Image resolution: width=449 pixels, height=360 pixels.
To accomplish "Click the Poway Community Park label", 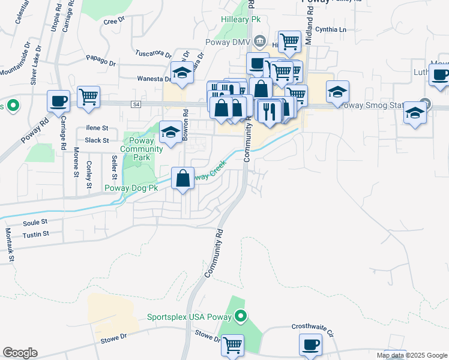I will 141,149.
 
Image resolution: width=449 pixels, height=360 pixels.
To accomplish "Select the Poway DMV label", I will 227,42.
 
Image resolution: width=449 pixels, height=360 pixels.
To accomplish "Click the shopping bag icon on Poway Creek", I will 182,178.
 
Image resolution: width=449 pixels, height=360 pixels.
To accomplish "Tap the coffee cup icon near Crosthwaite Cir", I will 311,345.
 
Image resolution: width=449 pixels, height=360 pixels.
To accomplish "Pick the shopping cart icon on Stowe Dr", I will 232,345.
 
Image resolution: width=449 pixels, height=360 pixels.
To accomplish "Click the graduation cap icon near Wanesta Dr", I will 182,73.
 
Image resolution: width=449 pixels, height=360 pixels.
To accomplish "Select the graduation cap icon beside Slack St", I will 170,132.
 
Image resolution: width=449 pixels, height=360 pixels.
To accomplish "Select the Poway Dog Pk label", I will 131,188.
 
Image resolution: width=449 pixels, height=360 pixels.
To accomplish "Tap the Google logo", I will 20,353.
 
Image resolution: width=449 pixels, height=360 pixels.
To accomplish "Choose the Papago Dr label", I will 100,61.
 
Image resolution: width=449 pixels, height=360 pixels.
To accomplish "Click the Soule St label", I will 35,221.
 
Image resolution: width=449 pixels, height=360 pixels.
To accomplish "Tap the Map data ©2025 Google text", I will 412,355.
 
